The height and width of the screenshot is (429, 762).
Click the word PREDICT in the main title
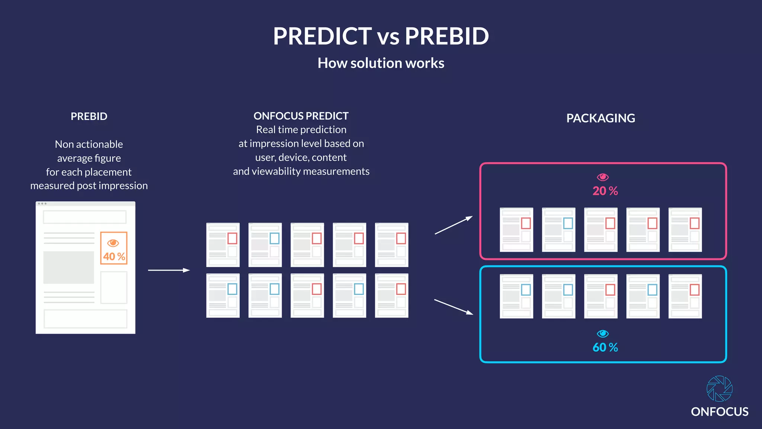322,36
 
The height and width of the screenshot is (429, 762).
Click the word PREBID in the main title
446,36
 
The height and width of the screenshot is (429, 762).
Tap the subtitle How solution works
381,63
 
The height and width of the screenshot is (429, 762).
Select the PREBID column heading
89,116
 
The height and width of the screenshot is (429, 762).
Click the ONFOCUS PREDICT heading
301,116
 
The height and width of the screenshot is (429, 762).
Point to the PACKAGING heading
601,118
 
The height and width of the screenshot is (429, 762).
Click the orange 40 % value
114,256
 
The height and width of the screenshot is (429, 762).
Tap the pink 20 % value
605,191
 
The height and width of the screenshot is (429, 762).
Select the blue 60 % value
605,347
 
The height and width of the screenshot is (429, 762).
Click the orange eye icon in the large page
113,243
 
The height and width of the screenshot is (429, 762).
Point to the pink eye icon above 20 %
602,177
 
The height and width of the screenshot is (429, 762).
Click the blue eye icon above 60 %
602,333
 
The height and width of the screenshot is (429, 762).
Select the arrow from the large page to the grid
169,270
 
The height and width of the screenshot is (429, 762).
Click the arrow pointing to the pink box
453,225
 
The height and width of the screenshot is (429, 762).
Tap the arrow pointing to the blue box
453,306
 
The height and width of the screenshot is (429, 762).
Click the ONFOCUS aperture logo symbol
720,388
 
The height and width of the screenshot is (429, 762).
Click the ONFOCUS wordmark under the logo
720,411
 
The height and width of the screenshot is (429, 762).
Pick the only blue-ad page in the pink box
558,229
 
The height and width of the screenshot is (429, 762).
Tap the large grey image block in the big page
68,267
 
